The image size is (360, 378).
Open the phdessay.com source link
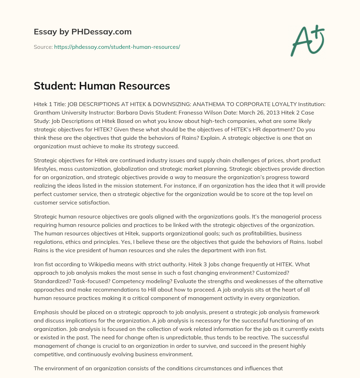(x=117, y=47)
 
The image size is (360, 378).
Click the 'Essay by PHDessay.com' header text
(x=83, y=32)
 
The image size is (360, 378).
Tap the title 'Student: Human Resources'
(x=102, y=86)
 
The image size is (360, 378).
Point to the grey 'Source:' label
(x=43, y=47)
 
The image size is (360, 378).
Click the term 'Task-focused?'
(x=90, y=281)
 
